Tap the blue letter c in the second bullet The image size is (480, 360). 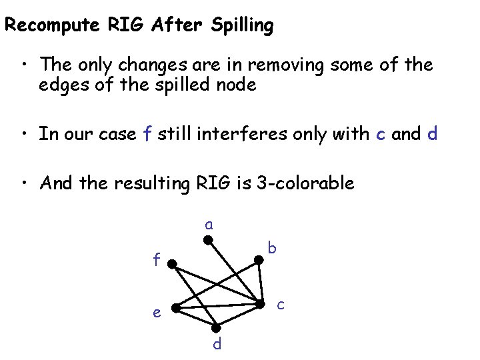(380, 134)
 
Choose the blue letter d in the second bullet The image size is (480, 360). (433, 133)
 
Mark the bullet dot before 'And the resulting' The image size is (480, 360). (24, 183)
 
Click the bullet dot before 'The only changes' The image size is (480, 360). (24, 65)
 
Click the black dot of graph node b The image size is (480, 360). (260, 263)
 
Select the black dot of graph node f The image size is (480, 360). (171, 265)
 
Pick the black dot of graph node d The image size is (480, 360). (216, 327)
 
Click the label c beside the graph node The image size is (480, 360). (281, 305)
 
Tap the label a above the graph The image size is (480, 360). (209, 224)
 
